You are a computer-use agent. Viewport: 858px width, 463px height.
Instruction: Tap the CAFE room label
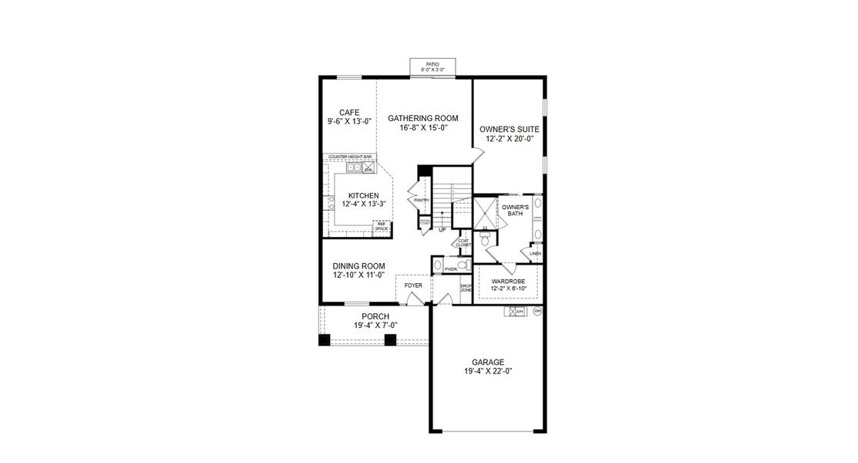tap(338, 113)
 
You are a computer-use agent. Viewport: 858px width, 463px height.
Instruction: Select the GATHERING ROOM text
tap(422, 118)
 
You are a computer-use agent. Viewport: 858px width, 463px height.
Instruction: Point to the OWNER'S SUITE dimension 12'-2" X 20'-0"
tap(509, 139)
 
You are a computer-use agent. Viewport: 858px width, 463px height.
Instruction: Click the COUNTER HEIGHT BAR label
tap(350, 157)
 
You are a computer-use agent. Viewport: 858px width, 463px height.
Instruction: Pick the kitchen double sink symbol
tap(354, 167)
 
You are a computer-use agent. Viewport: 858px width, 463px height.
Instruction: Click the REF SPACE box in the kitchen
tap(381, 226)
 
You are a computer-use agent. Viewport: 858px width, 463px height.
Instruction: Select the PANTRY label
tap(421, 201)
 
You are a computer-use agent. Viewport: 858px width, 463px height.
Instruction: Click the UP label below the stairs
tap(442, 229)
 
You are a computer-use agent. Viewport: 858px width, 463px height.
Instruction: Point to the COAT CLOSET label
tap(463, 242)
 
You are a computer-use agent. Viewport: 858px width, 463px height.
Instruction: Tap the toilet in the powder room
tap(463, 265)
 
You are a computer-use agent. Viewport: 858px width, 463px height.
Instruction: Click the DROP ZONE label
tap(466, 288)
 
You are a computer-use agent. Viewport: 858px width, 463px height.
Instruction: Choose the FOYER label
tap(413, 285)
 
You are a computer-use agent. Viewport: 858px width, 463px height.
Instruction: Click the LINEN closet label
tap(535, 253)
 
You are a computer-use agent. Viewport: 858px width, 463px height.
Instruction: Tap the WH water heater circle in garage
tap(537, 311)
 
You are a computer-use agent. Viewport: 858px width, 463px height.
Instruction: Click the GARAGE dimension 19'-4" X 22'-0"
tap(488, 371)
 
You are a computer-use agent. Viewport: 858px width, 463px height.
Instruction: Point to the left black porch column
tap(325, 340)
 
